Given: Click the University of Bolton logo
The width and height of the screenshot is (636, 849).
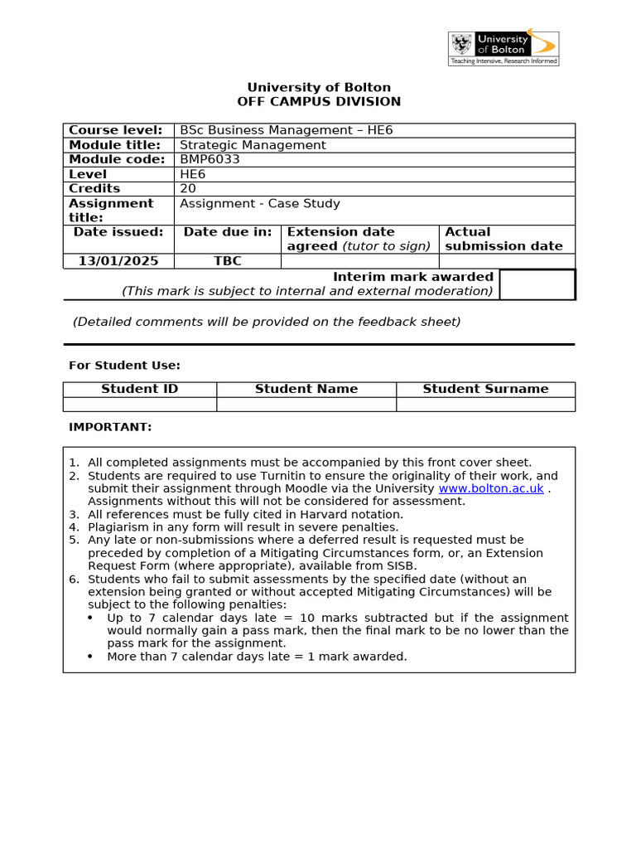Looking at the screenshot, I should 503,48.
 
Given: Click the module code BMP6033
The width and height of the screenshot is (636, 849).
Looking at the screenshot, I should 210,159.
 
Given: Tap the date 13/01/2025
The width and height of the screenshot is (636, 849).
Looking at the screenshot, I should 118,261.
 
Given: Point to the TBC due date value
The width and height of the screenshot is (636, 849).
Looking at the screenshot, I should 228,261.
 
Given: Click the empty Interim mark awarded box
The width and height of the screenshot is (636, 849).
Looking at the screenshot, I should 537,284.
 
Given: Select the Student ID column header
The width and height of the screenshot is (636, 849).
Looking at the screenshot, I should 139,389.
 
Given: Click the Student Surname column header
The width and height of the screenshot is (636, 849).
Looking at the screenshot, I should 485,389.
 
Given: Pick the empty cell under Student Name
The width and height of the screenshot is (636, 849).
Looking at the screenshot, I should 306,404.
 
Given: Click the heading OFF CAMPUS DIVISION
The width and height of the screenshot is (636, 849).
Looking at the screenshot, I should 319,102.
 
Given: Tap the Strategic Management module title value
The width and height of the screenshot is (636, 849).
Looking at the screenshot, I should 253,145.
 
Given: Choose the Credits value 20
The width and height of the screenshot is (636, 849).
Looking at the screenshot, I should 188,188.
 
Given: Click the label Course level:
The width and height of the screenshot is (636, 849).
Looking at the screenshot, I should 115,130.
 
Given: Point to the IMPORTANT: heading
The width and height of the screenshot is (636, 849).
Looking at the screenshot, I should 110,427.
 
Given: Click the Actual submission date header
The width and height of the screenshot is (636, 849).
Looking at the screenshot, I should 503,239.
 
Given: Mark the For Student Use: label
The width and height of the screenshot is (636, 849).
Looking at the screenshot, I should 124,366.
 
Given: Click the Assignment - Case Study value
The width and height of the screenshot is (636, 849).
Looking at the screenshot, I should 260,203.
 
